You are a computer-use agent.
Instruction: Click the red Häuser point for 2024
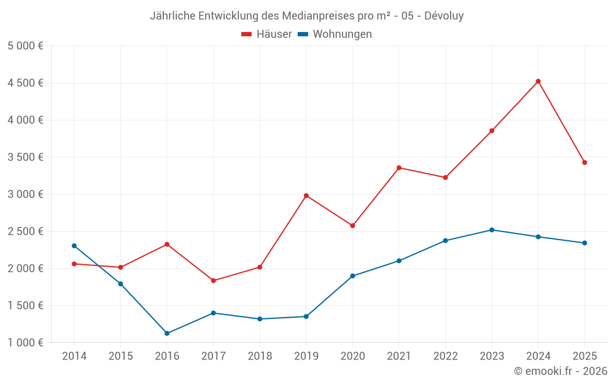pyautogui.click(x=538, y=81)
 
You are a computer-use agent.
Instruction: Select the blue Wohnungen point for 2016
pyautogui.click(x=167, y=334)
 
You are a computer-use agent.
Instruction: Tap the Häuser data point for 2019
pyautogui.click(x=306, y=195)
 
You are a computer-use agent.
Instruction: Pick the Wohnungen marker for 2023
pyautogui.click(x=492, y=230)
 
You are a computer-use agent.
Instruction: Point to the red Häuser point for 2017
pyautogui.click(x=213, y=281)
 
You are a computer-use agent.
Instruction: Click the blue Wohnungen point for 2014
pyautogui.click(x=74, y=246)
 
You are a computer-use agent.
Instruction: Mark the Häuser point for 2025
pyautogui.click(x=585, y=163)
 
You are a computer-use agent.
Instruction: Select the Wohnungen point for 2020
pyautogui.click(x=352, y=276)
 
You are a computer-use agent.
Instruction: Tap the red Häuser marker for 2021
pyautogui.click(x=399, y=168)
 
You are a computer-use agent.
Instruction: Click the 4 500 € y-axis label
pyautogui.click(x=26, y=83)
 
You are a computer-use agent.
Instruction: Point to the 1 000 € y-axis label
pyautogui.click(x=26, y=343)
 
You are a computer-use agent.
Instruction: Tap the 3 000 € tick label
pyautogui.click(x=26, y=194)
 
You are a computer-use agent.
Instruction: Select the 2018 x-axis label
pyautogui.click(x=260, y=356)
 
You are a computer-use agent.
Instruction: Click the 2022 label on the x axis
pyautogui.click(x=445, y=356)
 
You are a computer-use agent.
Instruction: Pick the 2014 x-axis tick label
pyautogui.click(x=74, y=356)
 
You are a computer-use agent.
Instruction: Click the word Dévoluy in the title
pyautogui.click(x=444, y=16)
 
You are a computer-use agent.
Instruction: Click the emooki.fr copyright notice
pyautogui.click(x=561, y=371)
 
